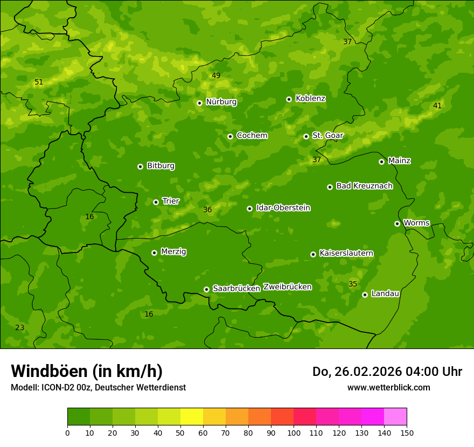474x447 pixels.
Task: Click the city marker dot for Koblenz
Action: click(x=289, y=99)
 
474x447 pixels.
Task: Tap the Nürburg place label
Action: click(x=221, y=102)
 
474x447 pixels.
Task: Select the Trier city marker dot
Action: click(x=156, y=202)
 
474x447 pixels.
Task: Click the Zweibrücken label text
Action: click(x=287, y=287)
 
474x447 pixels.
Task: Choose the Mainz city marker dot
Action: click(x=381, y=162)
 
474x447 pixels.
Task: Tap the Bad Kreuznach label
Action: click(x=364, y=186)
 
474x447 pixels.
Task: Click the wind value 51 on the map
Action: click(x=39, y=82)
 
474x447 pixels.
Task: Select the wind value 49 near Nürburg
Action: click(x=216, y=75)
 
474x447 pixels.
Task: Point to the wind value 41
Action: click(x=437, y=106)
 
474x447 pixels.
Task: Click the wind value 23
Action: click(x=20, y=327)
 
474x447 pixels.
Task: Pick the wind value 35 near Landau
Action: click(x=353, y=284)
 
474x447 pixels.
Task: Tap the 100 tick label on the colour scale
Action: click(x=294, y=432)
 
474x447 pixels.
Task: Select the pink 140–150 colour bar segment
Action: click(x=395, y=417)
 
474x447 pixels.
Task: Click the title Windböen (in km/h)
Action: click(x=87, y=371)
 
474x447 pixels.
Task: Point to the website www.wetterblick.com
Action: click(x=388, y=387)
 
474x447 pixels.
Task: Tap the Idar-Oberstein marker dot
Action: click(x=249, y=208)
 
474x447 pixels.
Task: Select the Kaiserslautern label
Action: click(x=346, y=253)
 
